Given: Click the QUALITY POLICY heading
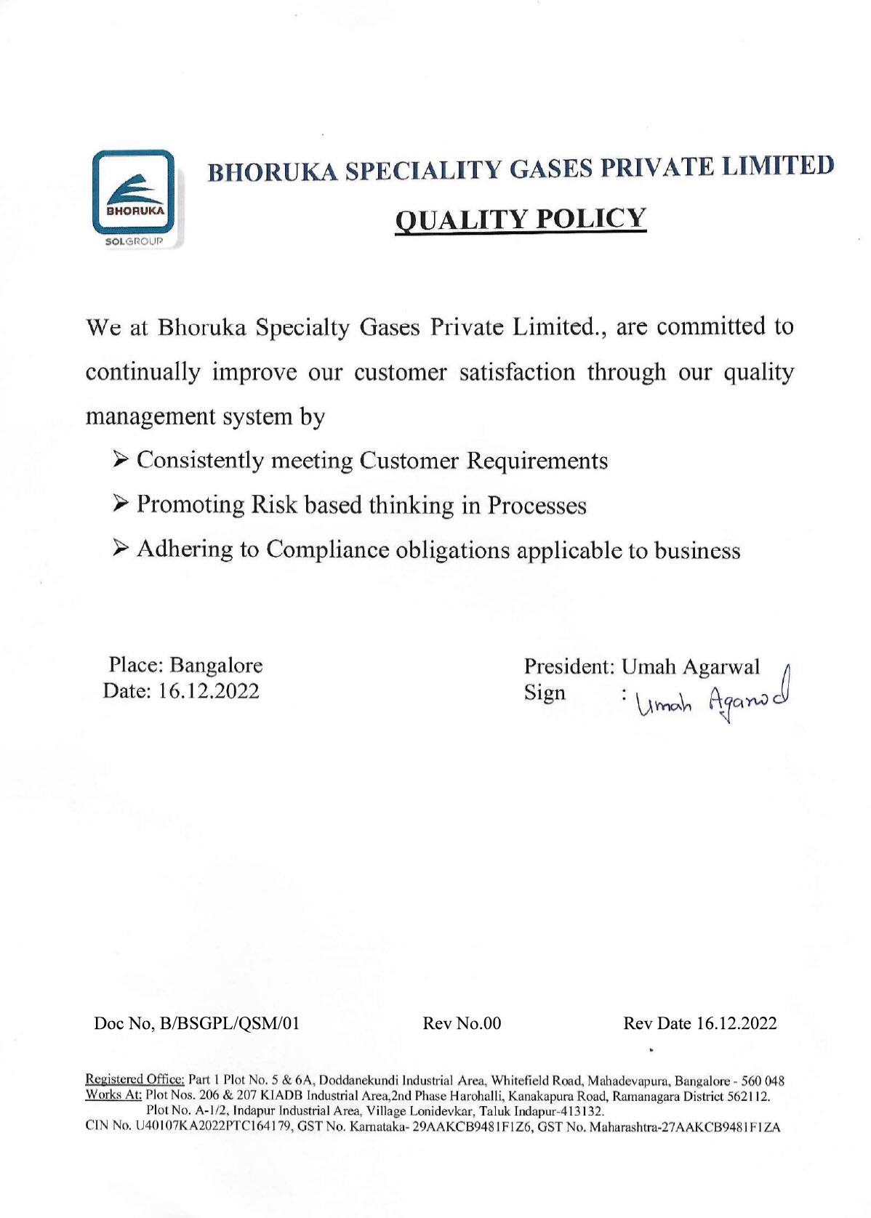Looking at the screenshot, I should click(x=520, y=218).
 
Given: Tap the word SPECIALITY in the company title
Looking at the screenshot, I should click(x=424, y=170).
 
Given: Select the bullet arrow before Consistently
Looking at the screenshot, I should click(x=121, y=459).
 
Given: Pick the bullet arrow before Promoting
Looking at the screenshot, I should click(x=121, y=504).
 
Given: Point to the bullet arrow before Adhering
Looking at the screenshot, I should click(x=121, y=549).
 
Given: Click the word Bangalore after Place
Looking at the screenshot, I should click(x=216, y=665).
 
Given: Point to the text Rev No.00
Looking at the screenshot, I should click(x=462, y=1024).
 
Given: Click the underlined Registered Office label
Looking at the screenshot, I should click(x=135, y=1081).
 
